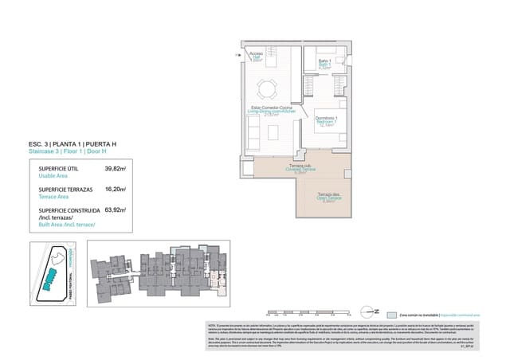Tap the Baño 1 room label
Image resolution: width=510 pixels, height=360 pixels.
coord(324,64)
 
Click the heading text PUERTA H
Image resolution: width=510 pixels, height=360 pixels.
coord(96,143)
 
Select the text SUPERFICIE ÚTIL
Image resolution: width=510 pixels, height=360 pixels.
coord(58,170)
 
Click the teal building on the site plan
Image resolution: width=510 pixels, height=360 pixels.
coord(54,278)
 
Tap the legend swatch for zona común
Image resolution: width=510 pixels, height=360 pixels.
coord(392,314)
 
